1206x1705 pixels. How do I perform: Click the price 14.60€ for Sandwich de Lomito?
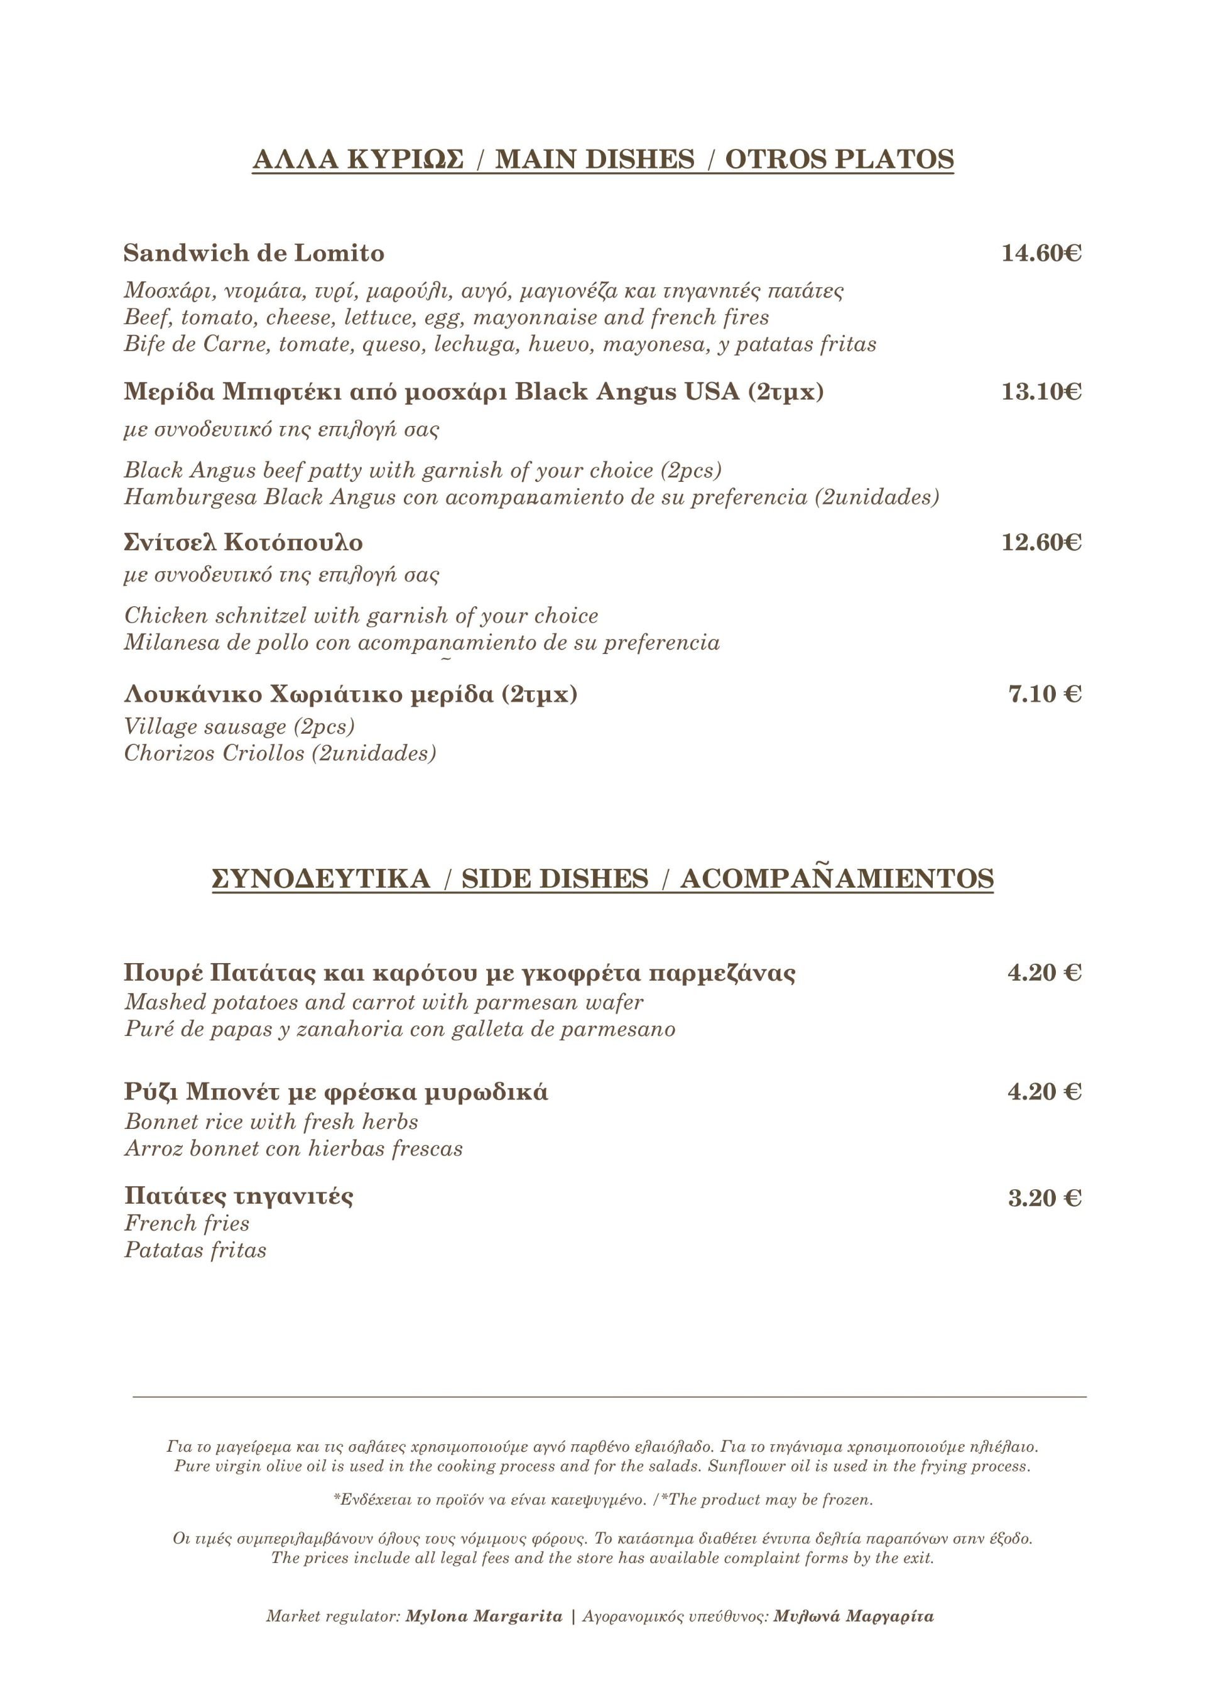(1041, 254)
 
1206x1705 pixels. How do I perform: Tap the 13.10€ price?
(1041, 391)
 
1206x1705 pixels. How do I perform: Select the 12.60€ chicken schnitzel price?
(1041, 543)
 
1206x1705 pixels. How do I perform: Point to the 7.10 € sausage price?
(1044, 694)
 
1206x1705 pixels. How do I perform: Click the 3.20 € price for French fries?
(1044, 1199)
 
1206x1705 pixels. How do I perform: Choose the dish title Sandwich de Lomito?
(254, 254)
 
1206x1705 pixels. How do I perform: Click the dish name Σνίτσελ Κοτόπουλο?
(244, 543)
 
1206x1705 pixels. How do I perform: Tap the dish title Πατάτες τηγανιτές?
(239, 1196)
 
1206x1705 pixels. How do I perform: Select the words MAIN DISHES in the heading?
(595, 160)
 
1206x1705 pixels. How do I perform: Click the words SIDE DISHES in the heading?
(555, 880)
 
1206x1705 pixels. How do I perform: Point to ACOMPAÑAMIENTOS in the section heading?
(837, 880)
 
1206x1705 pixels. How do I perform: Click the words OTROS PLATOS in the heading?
(839, 160)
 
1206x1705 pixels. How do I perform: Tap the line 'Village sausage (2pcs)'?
(239, 726)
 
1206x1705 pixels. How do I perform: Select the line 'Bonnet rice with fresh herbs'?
(271, 1122)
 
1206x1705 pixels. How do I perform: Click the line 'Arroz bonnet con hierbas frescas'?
(293, 1149)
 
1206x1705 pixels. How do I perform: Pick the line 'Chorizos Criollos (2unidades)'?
(280, 754)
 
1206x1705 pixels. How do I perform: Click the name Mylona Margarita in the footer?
(484, 1616)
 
